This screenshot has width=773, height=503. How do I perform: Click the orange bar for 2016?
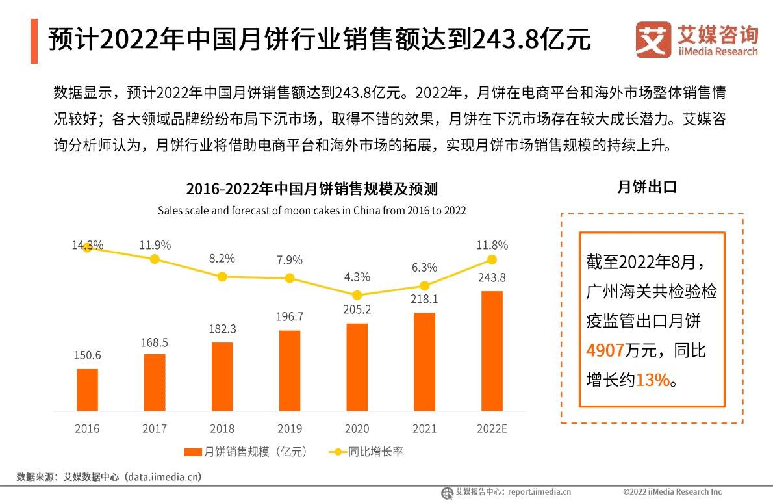(87, 390)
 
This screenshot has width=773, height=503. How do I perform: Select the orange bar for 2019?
(290, 370)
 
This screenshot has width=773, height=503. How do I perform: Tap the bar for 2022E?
(492, 351)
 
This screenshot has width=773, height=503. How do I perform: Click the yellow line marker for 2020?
(357, 295)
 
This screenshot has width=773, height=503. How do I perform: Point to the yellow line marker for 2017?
(155, 259)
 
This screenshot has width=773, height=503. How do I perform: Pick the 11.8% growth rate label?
(492, 245)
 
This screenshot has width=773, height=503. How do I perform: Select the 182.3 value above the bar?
(222, 329)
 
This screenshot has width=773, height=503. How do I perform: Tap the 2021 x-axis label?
(424, 429)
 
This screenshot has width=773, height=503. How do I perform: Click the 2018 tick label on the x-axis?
(222, 429)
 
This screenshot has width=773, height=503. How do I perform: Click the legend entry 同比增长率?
(366, 452)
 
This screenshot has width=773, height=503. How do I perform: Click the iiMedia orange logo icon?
(653, 40)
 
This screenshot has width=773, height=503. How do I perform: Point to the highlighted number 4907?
(605, 351)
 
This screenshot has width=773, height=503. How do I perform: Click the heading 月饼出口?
(646, 187)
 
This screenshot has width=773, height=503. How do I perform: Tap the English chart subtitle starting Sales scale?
(312, 211)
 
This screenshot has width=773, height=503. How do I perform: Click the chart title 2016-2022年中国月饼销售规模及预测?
(312, 189)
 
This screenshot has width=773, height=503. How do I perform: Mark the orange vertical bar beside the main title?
(34, 41)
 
